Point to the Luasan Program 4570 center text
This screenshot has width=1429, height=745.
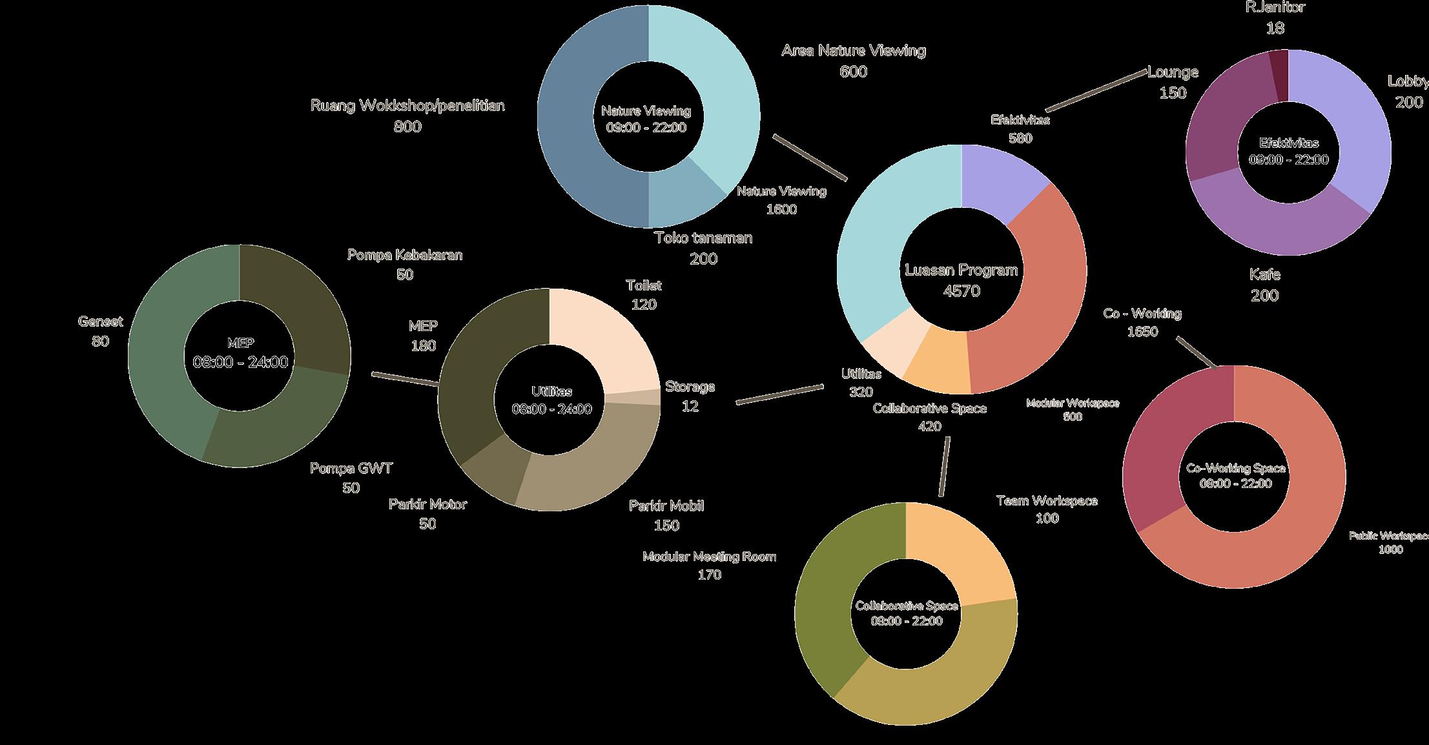click(x=961, y=280)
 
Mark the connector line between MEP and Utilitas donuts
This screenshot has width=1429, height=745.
click(x=406, y=379)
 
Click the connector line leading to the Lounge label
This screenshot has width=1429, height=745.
click(x=1096, y=91)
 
